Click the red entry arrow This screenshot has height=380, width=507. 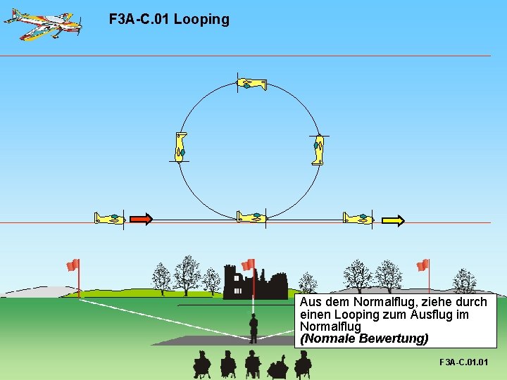tap(141, 220)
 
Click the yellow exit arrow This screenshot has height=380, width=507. tap(393, 220)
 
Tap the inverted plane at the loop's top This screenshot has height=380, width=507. tap(252, 84)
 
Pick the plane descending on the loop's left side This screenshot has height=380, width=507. tap(181, 146)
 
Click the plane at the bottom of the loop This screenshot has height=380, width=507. tap(251, 217)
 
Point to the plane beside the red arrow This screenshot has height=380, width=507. tap(110, 218)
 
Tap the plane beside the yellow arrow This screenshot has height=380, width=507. tap(358, 218)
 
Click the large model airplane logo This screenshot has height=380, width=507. tap(42, 23)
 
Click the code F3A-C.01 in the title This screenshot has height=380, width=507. tap(139, 20)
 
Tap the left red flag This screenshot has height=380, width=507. tap(73, 265)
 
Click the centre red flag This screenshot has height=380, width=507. tap(248, 265)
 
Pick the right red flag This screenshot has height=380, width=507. tap(423, 265)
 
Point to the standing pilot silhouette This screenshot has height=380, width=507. tap(253, 327)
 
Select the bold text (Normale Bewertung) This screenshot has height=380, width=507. tap(363, 338)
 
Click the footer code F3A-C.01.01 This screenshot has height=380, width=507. tap(463, 362)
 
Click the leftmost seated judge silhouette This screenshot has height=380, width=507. tap(201, 363)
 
